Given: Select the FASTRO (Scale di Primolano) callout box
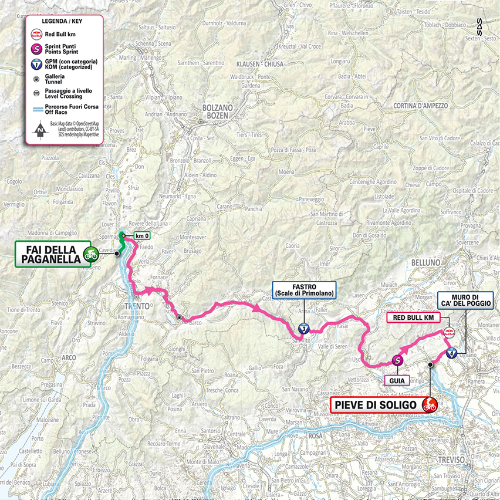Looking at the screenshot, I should click(x=303, y=291).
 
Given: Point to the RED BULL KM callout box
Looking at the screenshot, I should click(x=413, y=317).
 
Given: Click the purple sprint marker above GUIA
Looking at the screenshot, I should click(x=397, y=361).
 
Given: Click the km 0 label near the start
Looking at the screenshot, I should click(x=141, y=236).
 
